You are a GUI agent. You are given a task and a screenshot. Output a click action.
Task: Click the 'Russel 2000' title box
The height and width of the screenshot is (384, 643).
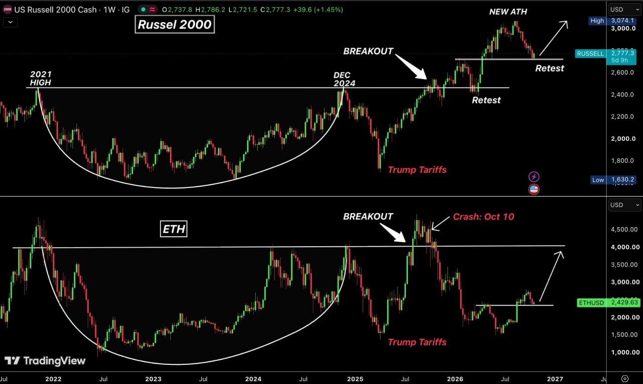pos(174,25)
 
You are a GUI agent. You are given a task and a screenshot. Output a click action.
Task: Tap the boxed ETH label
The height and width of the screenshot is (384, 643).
pos(174,229)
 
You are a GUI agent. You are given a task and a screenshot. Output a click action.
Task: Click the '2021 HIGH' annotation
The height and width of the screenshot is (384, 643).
pos(41,78)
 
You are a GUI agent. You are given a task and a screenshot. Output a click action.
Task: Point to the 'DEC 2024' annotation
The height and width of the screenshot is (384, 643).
pos(344,79)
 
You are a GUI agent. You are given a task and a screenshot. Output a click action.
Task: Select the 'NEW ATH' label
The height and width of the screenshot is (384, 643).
pos(508,12)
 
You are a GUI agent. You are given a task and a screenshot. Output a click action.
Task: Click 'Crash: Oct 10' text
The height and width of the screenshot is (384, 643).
pos(483,217)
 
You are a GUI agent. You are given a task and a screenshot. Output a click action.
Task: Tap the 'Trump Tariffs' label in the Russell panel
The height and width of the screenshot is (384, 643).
pos(417,170)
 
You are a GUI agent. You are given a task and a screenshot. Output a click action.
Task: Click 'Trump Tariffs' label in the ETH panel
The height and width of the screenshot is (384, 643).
pos(417,342)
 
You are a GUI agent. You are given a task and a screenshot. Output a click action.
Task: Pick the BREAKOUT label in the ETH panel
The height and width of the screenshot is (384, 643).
pos(368,216)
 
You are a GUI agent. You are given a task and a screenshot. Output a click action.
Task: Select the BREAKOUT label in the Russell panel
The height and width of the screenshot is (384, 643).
pos(368,51)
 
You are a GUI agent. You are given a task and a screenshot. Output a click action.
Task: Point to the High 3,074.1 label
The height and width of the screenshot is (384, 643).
pos(611,21)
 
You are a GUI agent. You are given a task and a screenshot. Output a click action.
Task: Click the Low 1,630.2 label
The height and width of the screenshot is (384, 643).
pos(613,180)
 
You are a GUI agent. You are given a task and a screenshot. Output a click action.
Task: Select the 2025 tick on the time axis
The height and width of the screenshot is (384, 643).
pos(355,379)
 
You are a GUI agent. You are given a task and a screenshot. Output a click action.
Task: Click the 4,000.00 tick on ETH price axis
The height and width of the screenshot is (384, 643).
pos(625,247)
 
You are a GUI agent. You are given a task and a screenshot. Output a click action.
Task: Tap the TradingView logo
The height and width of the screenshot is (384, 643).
pos(45,361)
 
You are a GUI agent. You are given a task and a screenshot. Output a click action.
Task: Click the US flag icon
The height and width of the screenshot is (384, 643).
pos(533,189)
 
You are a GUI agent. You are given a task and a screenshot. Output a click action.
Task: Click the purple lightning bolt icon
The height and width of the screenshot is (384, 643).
pos(533,176)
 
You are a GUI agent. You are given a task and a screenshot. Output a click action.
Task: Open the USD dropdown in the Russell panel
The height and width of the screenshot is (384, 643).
pos(624,10)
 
